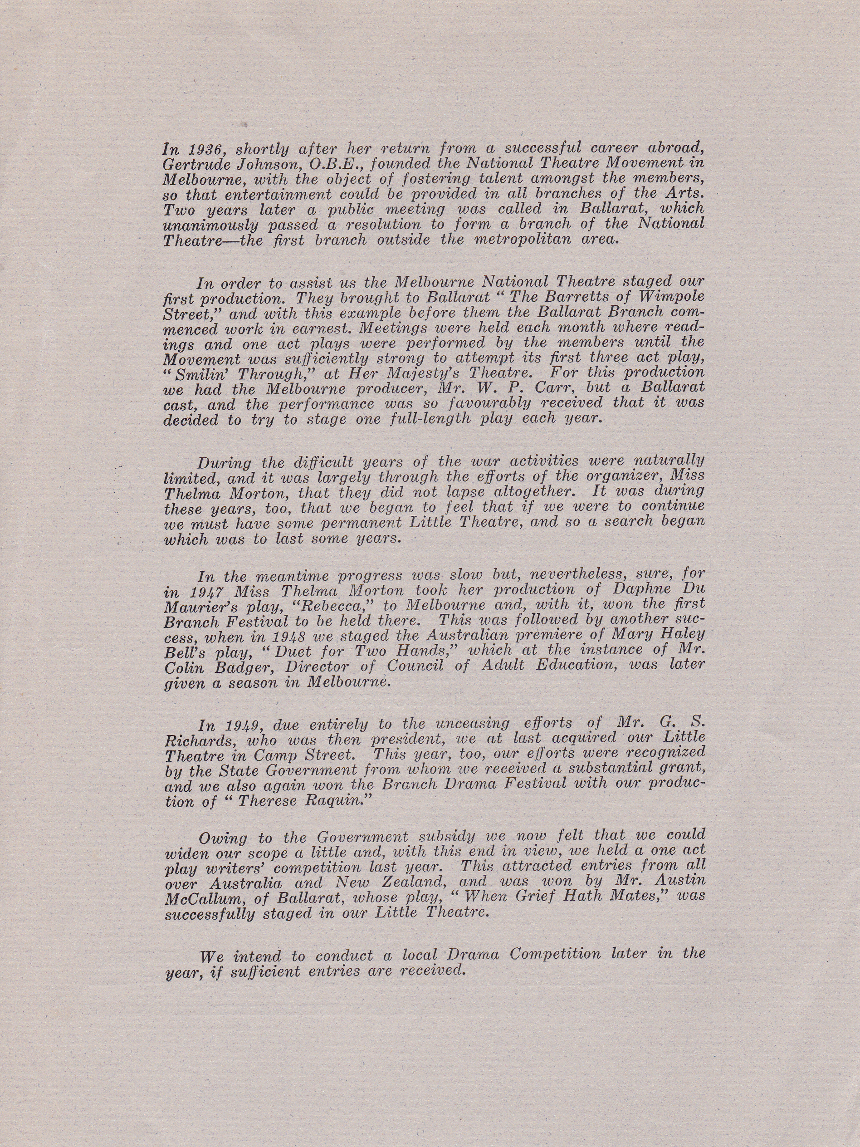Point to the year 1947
(x=206, y=591)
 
